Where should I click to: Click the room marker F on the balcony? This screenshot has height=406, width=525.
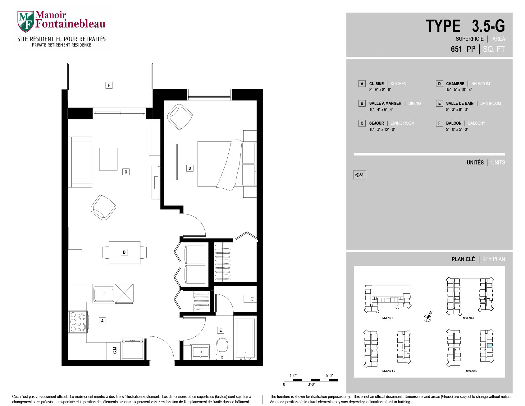tap(109, 85)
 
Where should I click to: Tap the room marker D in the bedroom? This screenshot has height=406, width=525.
tap(190, 168)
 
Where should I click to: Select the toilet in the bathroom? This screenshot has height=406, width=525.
tap(222, 349)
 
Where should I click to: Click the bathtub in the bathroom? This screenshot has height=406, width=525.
tap(245, 339)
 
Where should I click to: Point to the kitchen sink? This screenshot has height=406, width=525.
tap(104, 293)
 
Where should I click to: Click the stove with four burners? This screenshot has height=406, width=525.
tap(78, 322)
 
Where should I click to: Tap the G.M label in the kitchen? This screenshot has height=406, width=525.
tap(115, 350)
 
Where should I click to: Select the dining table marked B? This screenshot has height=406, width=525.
tap(124, 252)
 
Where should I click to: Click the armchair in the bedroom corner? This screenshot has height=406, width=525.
tap(180, 117)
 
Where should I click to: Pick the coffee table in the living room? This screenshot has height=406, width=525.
tap(108, 159)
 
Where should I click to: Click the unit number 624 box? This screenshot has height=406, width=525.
tap(359, 175)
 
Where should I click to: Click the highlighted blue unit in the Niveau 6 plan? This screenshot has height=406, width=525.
tap(490, 345)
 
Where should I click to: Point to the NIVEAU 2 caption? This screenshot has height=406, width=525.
tap(388, 318)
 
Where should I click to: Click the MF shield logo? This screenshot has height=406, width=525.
tap(25, 21)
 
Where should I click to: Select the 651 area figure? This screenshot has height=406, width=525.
tap(456, 49)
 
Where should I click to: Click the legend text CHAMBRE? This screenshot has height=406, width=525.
tap(455, 84)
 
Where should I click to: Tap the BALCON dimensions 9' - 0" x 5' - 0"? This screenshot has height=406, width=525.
tap(457, 129)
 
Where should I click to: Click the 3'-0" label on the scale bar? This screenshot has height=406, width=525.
tap(311, 385)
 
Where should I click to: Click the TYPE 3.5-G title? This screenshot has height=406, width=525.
tap(465, 26)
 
